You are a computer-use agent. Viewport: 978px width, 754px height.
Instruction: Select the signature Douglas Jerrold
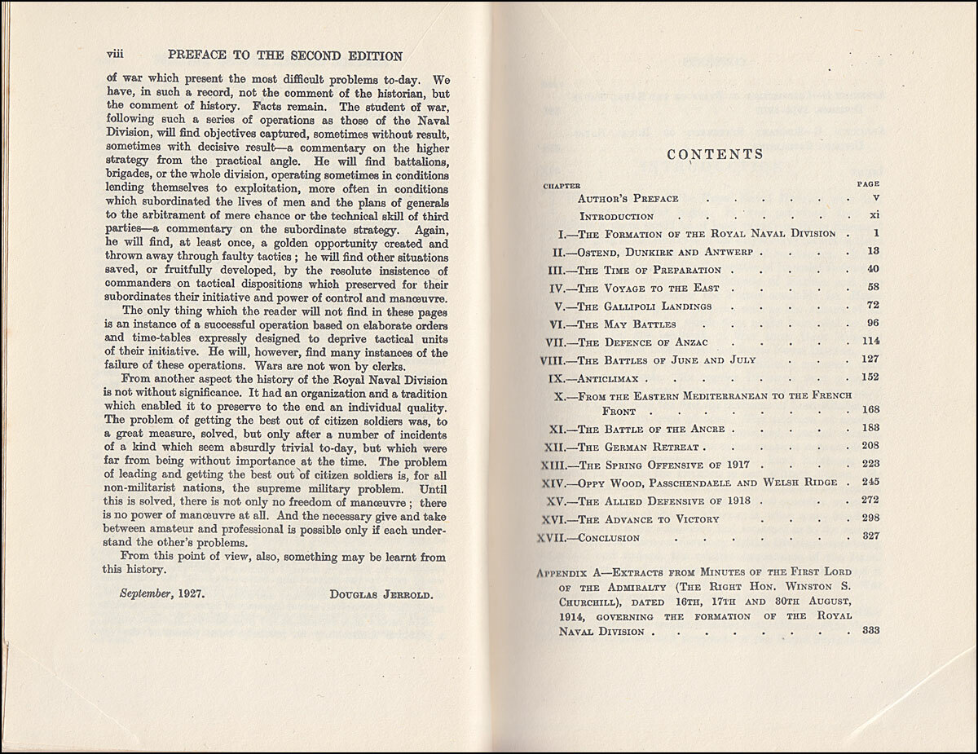click(381, 594)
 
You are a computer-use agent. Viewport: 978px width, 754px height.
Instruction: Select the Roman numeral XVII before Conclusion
click(556, 537)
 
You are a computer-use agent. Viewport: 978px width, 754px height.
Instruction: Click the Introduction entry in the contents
click(616, 216)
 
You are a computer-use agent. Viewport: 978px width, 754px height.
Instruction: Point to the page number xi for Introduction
click(872, 216)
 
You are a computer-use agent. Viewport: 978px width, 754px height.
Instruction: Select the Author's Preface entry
click(628, 197)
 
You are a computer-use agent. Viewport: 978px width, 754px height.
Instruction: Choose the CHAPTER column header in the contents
click(562, 185)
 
